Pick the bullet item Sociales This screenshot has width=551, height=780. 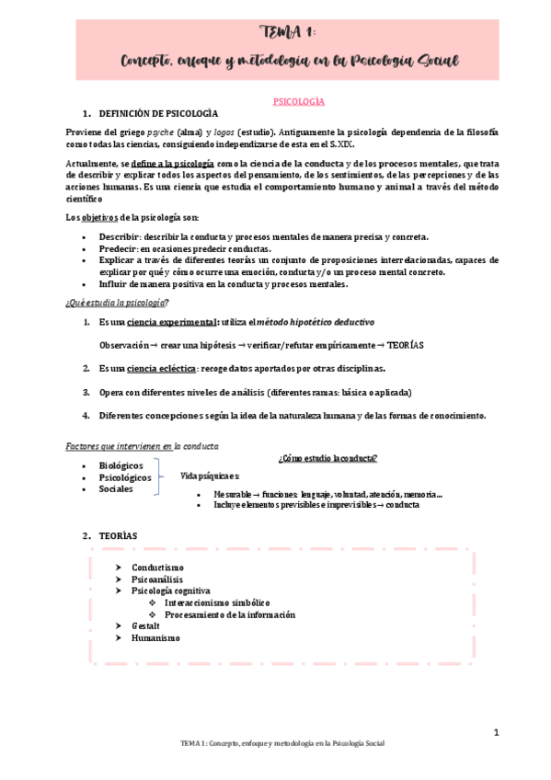click(x=116, y=488)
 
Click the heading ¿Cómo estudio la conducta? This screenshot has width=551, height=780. click(x=327, y=459)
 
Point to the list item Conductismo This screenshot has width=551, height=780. click(x=157, y=568)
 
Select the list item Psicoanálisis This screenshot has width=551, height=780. click(x=157, y=579)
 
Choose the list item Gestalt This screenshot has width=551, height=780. click(x=145, y=625)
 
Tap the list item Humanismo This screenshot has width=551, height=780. click(x=155, y=637)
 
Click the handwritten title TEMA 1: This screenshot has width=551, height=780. click(x=287, y=34)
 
